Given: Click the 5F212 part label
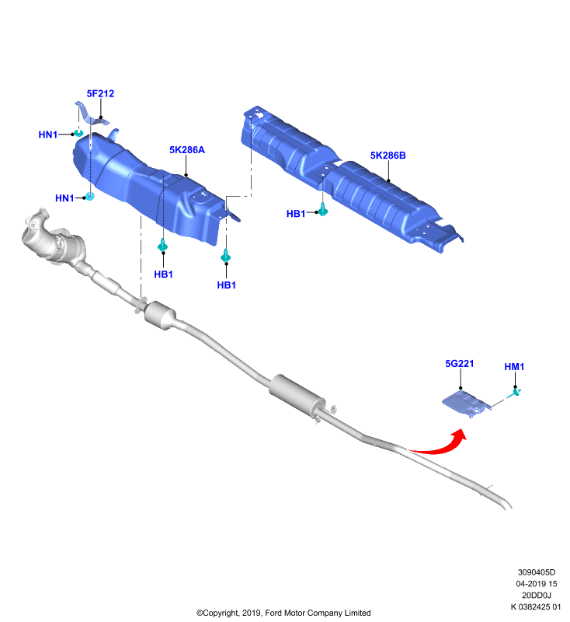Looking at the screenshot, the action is [100, 93].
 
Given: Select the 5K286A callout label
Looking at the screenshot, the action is [187, 150].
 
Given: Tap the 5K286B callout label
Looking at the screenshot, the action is [388, 155].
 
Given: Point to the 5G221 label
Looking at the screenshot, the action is [459, 364].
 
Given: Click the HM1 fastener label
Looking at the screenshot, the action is [514, 367].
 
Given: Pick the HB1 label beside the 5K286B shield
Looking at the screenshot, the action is [296, 214].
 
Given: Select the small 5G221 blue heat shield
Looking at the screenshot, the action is [467, 403].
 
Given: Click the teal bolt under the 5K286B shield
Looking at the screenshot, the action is [323, 209].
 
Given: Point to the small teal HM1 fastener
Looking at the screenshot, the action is [516, 393].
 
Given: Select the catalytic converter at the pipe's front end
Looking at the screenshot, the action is [53, 240].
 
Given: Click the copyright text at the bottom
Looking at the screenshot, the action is [283, 613].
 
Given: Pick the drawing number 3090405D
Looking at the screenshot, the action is [537, 572].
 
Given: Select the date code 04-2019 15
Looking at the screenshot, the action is [537, 584].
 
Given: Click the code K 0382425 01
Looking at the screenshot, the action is [536, 606].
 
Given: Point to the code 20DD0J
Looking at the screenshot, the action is [537, 595].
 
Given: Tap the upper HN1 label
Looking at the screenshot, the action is [48, 135].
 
